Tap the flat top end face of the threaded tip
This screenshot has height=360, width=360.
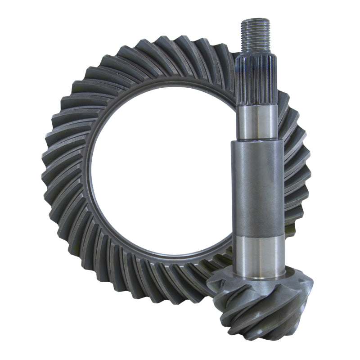[255, 20]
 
